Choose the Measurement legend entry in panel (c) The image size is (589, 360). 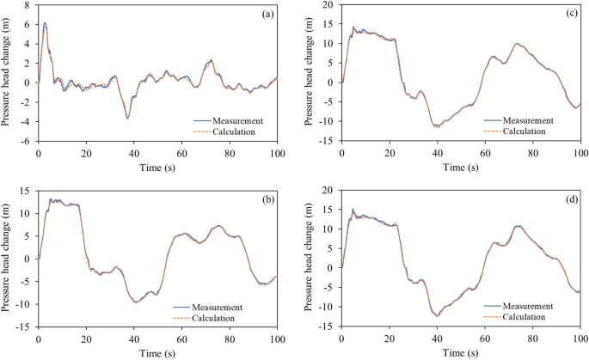534,120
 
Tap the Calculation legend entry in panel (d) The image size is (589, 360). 535,318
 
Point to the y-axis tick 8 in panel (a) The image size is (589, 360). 28,4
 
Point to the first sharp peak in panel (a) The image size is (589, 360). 45,24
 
